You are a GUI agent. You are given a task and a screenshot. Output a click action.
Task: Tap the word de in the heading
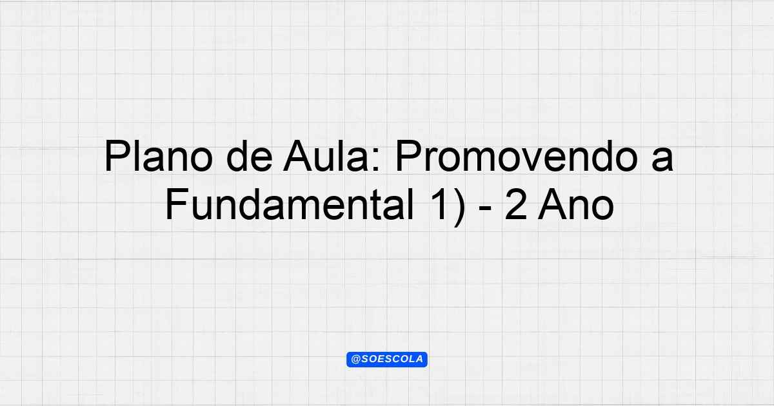coord(250,156)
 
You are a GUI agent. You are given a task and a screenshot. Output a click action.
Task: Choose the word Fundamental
coord(290,204)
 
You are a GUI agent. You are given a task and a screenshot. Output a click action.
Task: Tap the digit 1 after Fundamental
coord(438,204)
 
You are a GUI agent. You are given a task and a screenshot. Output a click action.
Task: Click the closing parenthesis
coord(459,207)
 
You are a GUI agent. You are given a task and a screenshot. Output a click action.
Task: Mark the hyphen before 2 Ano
coord(486,209)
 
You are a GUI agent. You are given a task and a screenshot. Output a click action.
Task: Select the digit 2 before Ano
coord(516,204)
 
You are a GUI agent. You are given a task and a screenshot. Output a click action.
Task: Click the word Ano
coord(576,204)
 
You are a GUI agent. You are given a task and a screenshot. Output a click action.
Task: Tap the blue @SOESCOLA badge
coord(387,360)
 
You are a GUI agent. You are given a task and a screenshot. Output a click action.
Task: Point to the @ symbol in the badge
coord(355,360)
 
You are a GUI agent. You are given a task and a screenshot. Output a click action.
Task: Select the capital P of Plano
coord(117,156)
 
